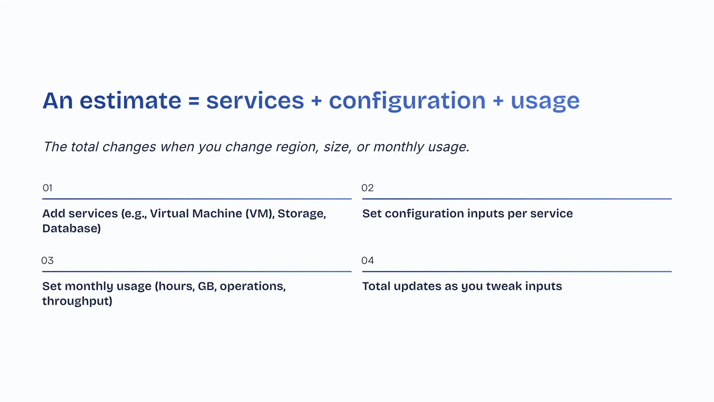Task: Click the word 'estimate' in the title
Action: [130, 100]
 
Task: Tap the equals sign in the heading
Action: [194, 101]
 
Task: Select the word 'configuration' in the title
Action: [407, 101]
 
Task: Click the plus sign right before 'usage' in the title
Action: [498, 101]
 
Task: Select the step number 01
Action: [47, 188]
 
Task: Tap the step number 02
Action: [367, 188]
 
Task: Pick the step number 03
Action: [47, 261]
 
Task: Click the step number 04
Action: [367, 261]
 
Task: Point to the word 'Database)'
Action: [71, 229]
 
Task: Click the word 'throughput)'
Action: [77, 301]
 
